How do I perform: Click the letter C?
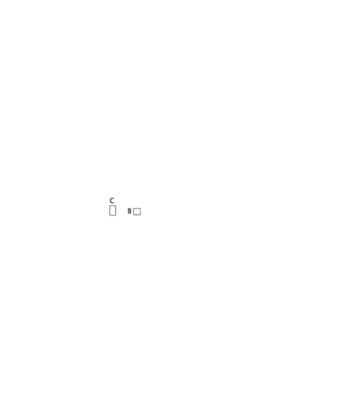(x=112, y=201)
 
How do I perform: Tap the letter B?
(x=129, y=211)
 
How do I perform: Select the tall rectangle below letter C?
(x=113, y=211)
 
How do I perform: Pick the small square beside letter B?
(x=137, y=211)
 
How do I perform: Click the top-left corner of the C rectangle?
(x=109, y=206)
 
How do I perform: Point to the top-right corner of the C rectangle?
(x=116, y=206)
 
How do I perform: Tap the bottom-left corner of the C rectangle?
(x=109, y=216)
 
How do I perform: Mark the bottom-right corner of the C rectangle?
(x=116, y=216)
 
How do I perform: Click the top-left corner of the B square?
(x=133, y=208)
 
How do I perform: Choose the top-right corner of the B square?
(x=140, y=208)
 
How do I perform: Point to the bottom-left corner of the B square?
(x=133, y=215)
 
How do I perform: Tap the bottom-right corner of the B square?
(x=140, y=215)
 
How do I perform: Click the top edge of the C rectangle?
(x=113, y=206)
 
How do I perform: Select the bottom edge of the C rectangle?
(x=113, y=216)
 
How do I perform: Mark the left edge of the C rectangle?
(x=109, y=211)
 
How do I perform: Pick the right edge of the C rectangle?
(x=116, y=211)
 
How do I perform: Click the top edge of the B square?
(x=137, y=208)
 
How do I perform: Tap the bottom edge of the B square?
(x=137, y=215)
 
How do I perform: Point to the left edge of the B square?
(x=133, y=211)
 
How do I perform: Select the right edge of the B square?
(x=140, y=211)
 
